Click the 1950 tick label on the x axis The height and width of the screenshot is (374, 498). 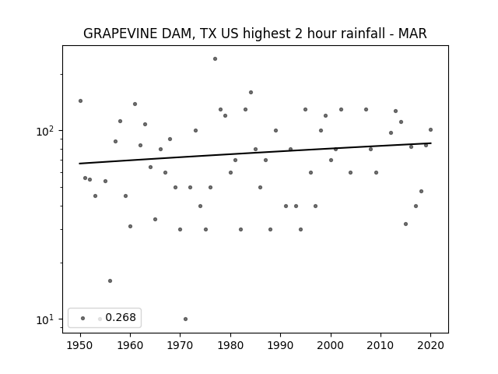(80, 345)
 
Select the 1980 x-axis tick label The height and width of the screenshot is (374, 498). (230, 345)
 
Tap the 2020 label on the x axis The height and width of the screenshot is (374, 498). (430, 345)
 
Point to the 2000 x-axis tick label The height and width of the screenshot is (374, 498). (331, 345)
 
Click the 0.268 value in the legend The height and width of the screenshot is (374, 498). (121, 317)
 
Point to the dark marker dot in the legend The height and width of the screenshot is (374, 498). (83, 318)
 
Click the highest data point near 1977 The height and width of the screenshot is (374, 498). (215, 59)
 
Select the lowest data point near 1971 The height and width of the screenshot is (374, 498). (185, 319)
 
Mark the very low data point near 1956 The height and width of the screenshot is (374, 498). (110, 280)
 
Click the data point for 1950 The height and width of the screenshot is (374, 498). (80, 101)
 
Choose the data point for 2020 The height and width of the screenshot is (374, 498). (430, 130)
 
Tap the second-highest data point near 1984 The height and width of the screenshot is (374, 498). (251, 92)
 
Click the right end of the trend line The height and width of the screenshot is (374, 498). (431, 143)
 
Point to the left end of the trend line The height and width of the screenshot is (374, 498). (79, 164)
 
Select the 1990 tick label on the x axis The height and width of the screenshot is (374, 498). (280, 345)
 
